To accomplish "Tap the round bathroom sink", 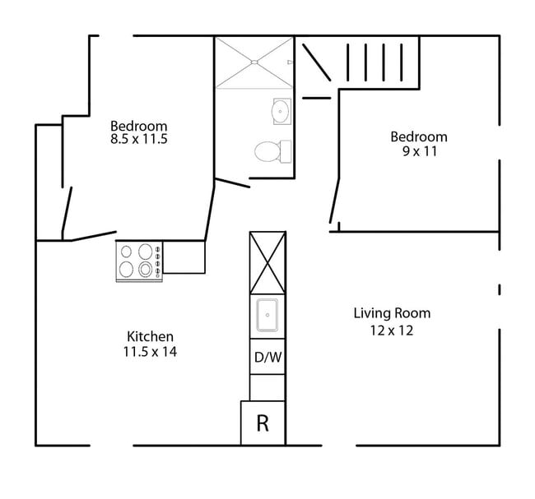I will click(281, 110).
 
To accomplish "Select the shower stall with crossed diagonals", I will click(254, 62).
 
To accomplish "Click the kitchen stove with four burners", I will click(138, 261).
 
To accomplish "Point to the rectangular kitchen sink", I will click(267, 316).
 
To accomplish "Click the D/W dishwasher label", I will click(267, 358).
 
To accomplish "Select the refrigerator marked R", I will click(263, 423).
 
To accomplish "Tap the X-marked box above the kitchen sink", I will click(267, 262).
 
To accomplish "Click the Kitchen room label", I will click(150, 337).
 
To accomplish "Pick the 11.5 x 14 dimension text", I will click(150, 352).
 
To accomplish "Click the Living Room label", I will click(392, 313).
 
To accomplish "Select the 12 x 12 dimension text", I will click(392, 330).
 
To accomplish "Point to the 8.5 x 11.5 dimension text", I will click(139, 140).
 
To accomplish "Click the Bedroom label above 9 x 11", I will click(419, 136).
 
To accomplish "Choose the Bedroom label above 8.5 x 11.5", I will click(139, 126).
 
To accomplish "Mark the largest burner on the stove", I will click(146, 269).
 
